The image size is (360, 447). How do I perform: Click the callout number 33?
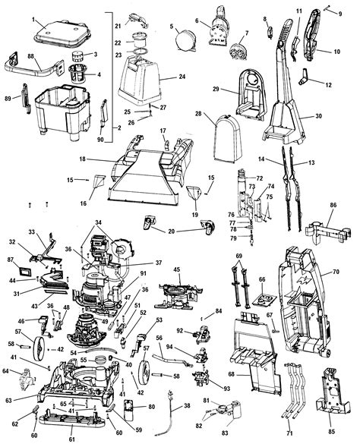pyautogui.click(x=31, y=231)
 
